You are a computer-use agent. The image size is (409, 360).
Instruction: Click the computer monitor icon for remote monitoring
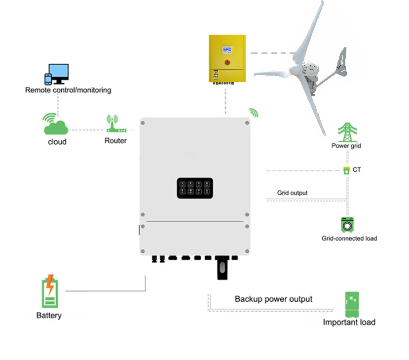[x=60, y=74]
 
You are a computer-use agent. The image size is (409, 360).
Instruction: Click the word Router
[x=115, y=141]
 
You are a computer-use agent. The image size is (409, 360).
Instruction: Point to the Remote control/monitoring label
[x=68, y=90]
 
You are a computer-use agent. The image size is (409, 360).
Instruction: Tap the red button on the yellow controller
[x=227, y=63]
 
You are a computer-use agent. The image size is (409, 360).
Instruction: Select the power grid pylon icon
[x=347, y=132]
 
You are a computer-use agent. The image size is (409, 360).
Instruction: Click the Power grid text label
[x=347, y=146]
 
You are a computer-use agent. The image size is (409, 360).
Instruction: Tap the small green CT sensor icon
[x=346, y=170]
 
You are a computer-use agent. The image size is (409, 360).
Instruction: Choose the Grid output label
[x=292, y=193]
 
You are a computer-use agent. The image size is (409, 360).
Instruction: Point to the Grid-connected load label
[x=349, y=239]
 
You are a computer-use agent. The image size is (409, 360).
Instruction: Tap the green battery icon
[x=49, y=291]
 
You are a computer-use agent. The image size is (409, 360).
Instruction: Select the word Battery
[x=49, y=316]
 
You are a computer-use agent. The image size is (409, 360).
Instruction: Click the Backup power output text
[x=273, y=299]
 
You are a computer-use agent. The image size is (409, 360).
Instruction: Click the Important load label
[x=349, y=322]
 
